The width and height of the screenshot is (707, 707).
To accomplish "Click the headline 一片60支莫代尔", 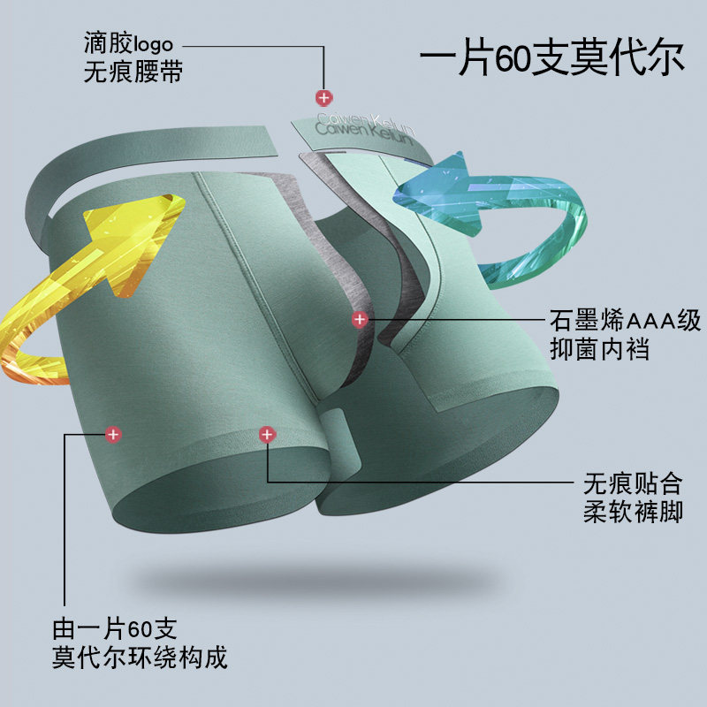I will (x=551, y=59).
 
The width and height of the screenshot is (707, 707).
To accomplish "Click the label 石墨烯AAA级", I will (x=625, y=319).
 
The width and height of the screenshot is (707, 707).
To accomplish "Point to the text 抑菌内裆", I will (x=599, y=349).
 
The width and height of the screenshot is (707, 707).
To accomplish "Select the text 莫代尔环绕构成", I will (x=141, y=658).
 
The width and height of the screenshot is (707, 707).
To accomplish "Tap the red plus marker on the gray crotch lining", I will (x=359, y=318).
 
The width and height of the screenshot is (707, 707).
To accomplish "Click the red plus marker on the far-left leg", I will (x=113, y=434).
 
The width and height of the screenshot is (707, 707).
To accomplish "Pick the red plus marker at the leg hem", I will (x=266, y=434).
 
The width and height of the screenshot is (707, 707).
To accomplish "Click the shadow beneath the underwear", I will (x=353, y=579).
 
